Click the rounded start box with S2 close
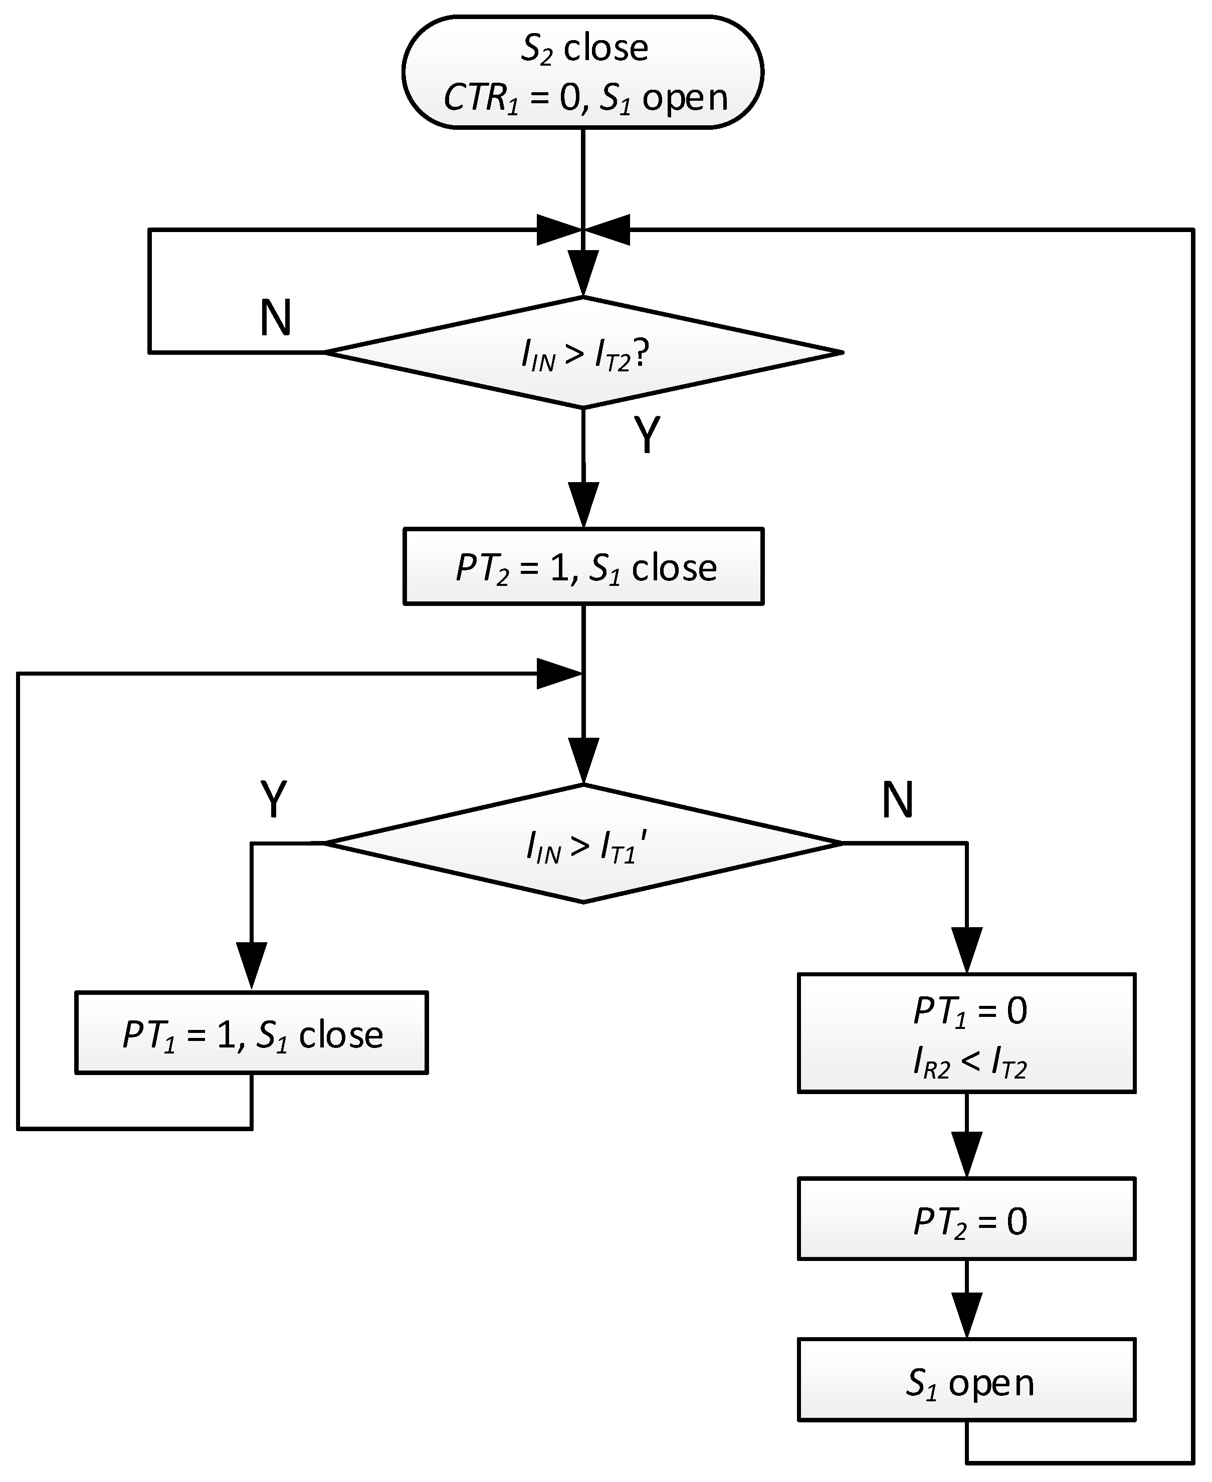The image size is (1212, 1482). pos(583,72)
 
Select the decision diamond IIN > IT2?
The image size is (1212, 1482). pos(583,352)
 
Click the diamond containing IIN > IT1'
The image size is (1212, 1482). pos(583,843)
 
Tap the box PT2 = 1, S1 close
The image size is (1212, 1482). pos(583,566)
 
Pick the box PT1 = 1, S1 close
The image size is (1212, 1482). pos(251,1032)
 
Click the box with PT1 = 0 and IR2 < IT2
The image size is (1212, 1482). pos(967,1033)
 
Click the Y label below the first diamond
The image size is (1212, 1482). pos(647,436)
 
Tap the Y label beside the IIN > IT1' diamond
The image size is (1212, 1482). pos(274,799)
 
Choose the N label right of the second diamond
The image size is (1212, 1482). pos(897,799)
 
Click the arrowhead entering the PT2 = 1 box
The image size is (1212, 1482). pos(583,504)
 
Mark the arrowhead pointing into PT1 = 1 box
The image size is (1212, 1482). pos(251,965)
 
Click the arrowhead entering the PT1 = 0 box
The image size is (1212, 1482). pos(967,949)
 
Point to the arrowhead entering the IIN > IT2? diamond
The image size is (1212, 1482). pos(583,272)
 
